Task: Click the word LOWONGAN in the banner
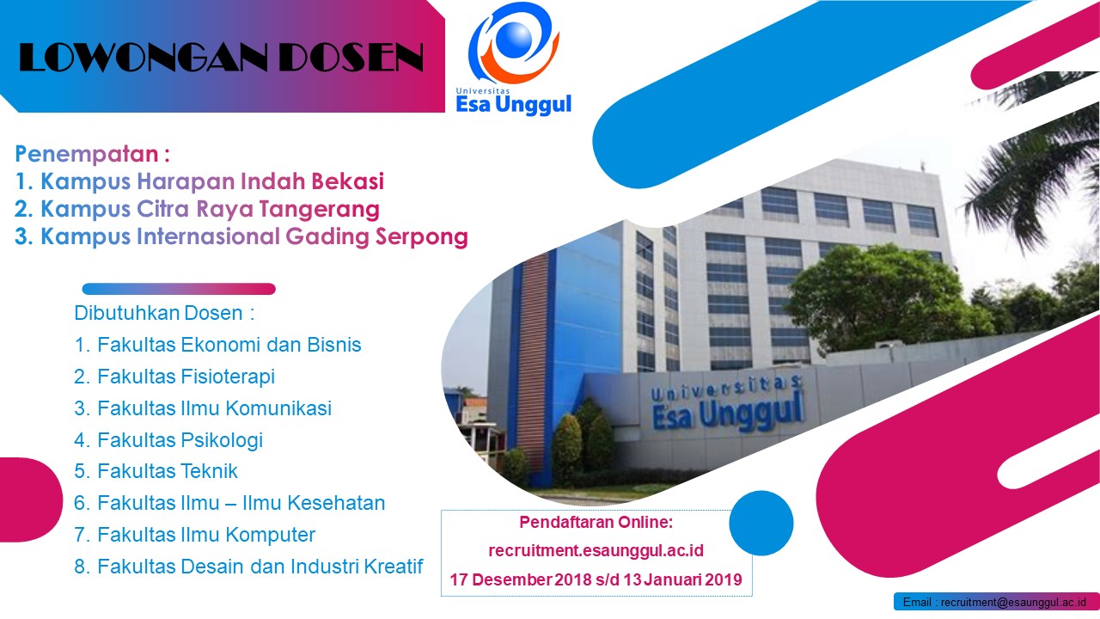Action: tap(143, 58)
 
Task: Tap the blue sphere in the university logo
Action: tap(513, 39)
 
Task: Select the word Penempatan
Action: tap(87, 154)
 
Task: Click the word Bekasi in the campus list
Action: tap(348, 181)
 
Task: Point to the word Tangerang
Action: tap(319, 210)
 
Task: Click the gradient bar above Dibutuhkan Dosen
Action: tap(179, 289)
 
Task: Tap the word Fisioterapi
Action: tap(228, 377)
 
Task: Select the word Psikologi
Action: tap(222, 440)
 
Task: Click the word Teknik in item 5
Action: tap(209, 471)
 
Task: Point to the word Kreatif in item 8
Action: tap(393, 567)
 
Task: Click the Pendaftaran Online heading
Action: tap(596, 522)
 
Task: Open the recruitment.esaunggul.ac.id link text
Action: tap(596, 550)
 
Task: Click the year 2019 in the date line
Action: tap(724, 579)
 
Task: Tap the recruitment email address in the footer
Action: tap(1013, 603)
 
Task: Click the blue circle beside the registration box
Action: tap(761, 524)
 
